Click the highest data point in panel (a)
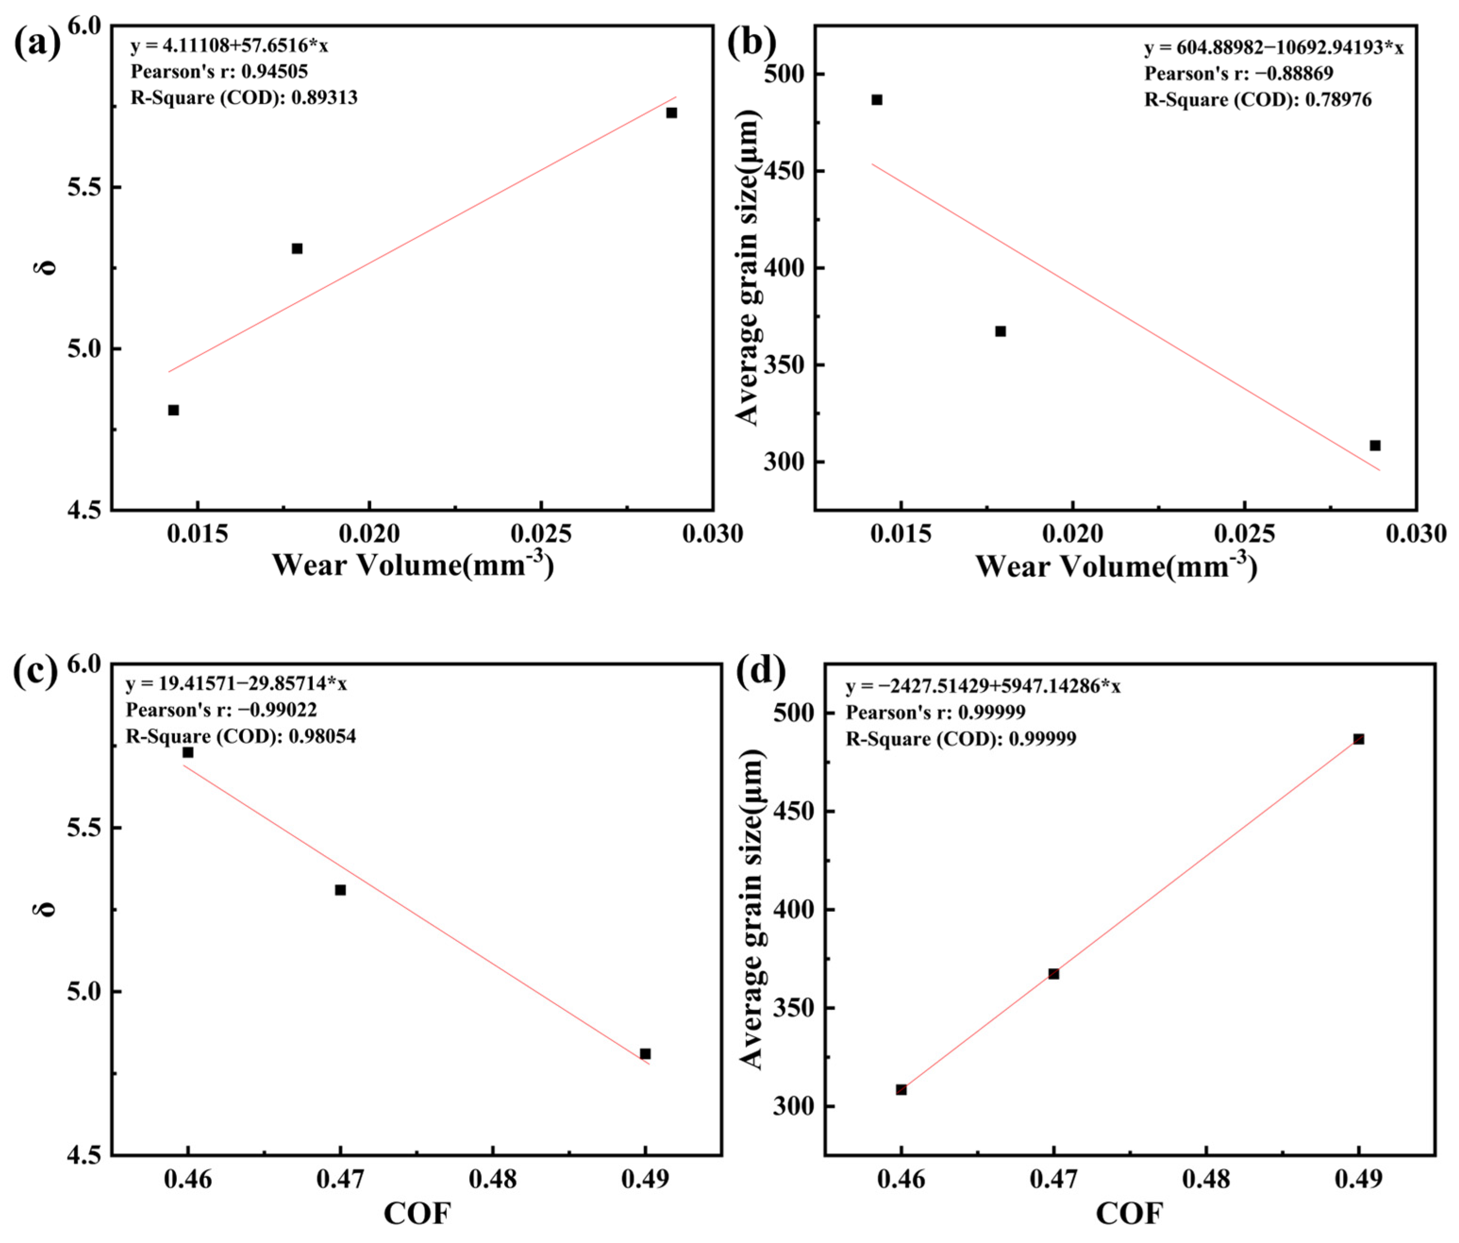pyautogui.click(x=671, y=113)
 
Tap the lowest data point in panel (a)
pyautogui.click(x=173, y=410)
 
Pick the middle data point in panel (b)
pyautogui.click(x=1000, y=331)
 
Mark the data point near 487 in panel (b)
pyautogui.click(x=876, y=100)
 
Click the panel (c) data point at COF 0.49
pyautogui.click(x=645, y=1053)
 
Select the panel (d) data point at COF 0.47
pyautogui.click(x=1053, y=974)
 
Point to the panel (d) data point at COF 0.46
pyautogui.click(x=901, y=1090)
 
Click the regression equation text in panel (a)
pyautogui.click(x=229, y=46)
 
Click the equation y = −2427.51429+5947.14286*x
pyautogui.click(x=983, y=686)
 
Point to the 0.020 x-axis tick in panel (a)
pyautogui.click(x=369, y=534)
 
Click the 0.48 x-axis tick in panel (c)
pyautogui.click(x=493, y=1179)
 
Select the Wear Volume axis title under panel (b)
pyautogui.click(x=1116, y=566)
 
